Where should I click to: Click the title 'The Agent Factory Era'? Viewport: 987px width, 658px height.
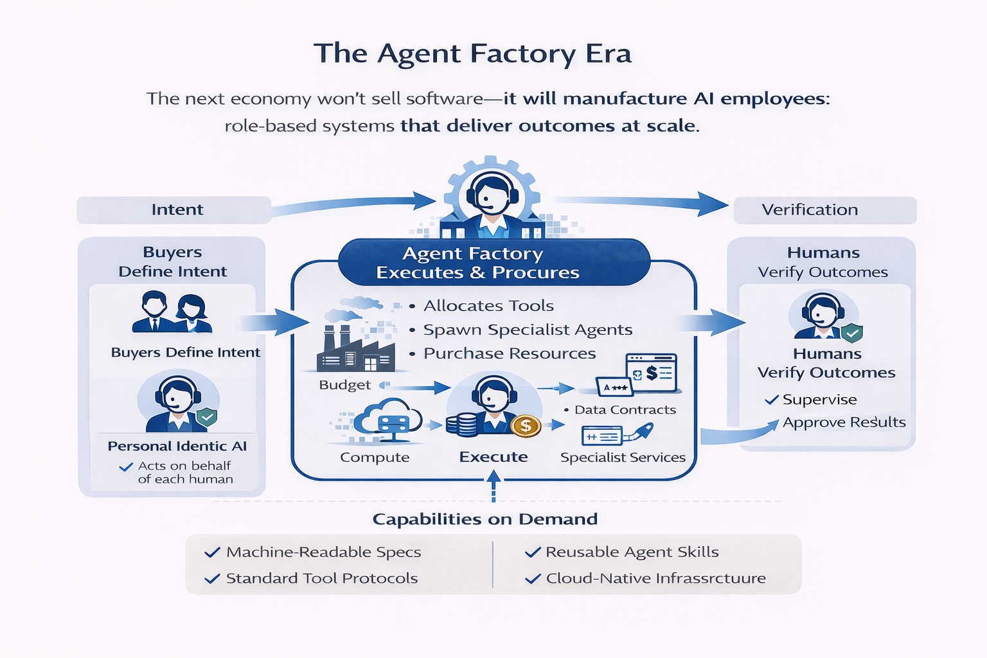(x=472, y=53)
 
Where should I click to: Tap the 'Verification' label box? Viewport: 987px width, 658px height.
(x=824, y=210)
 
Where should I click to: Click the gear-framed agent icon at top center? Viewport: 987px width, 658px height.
(x=492, y=193)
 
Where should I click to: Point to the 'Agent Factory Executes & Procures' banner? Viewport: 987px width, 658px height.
(x=493, y=263)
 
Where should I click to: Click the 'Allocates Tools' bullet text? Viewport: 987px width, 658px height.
(x=488, y=306)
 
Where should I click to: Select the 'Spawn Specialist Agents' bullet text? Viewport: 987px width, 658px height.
(x=527, y=330)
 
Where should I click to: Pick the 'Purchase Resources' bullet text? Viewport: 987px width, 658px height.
(x=509, y=353)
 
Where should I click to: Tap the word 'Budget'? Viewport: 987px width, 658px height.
(x=344, y=385)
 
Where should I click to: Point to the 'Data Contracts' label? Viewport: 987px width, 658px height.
(x=625, y=410)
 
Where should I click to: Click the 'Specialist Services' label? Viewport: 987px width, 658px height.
(x=622, y=458)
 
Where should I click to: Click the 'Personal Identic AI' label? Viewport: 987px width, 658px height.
(x=177, y=446)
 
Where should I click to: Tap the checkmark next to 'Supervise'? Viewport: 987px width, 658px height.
(x=771, y=400)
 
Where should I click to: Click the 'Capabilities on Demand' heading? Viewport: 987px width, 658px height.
(x=485, y=519)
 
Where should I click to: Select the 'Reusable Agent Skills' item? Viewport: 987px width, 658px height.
(x=632, y=552)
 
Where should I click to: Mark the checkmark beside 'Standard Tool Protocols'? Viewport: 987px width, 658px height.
(x=211, y=579)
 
